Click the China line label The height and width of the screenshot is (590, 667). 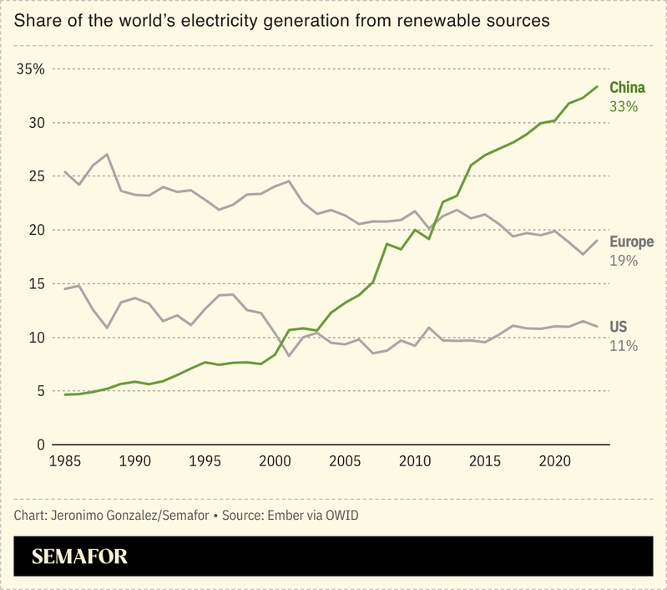627,88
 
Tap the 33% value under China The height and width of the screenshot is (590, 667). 624,107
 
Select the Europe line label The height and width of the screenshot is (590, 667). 632,242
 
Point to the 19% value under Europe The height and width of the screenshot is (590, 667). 624,261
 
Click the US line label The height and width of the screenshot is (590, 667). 619,327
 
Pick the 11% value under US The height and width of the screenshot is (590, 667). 624,345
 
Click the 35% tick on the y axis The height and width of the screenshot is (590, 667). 31,69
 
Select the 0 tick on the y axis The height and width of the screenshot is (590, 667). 39,445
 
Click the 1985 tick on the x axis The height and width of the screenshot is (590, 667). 65,460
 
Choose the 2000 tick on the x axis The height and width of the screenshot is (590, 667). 274,460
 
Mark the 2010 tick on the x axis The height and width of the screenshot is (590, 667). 413,460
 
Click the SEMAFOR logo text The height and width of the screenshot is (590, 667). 79,557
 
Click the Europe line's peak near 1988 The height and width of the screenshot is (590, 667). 107,155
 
